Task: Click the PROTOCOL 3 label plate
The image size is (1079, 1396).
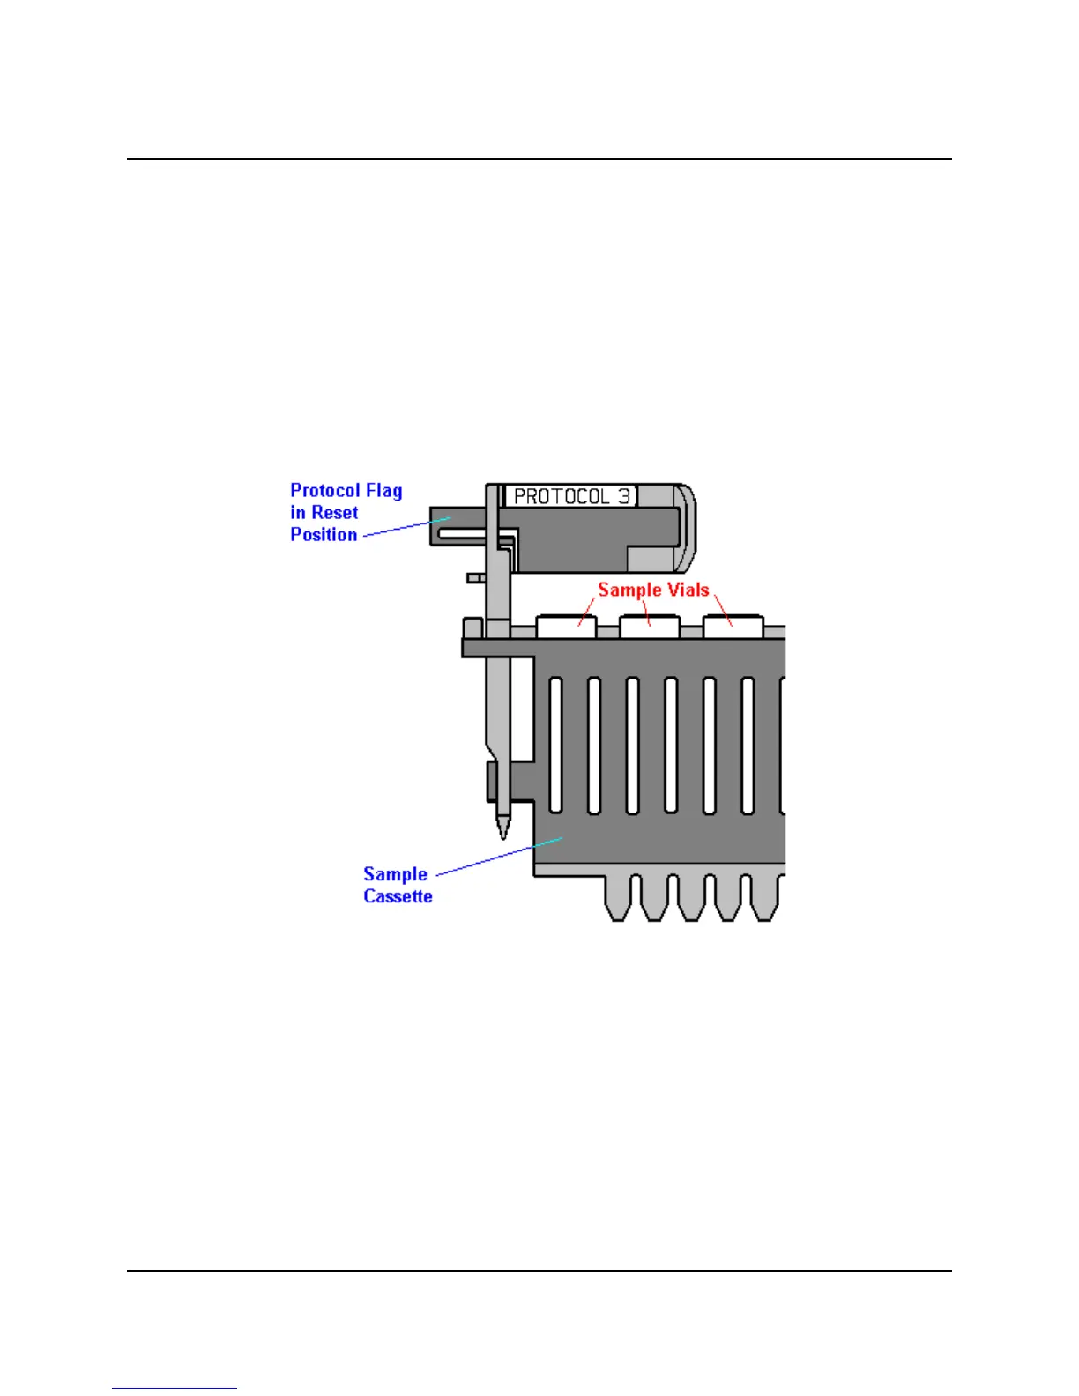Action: (x=571, y=496)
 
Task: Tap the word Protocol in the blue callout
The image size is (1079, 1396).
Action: (x=325, y=491)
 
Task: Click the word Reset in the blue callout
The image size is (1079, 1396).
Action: (x=334, y=513)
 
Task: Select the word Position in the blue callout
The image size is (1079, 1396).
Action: (x=324, y=535)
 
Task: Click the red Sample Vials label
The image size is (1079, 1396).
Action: (x=653, y=590)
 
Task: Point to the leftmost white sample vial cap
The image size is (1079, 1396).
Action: (x=566, y=626)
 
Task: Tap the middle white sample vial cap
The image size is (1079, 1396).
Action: (x=650, y=626)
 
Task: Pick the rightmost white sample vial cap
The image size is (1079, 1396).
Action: (x=733, y=626)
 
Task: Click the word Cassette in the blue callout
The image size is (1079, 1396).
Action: (x=398, y=896)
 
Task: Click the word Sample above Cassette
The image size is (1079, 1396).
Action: (x=395, y=874)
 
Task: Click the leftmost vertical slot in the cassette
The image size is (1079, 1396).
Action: (x=555, y=745)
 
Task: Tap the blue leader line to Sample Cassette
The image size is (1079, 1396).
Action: (x=498, y=856)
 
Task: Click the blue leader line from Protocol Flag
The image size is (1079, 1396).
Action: (x=407, y=526)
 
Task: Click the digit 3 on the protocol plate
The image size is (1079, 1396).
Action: (x=624, y=496)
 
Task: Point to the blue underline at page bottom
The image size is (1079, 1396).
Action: (x=174, y=1389)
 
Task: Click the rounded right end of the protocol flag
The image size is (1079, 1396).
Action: (x=688, y=527)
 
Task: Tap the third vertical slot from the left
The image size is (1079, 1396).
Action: (x=632, y=745)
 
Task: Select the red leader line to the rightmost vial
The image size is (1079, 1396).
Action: (x=723, y=609)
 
